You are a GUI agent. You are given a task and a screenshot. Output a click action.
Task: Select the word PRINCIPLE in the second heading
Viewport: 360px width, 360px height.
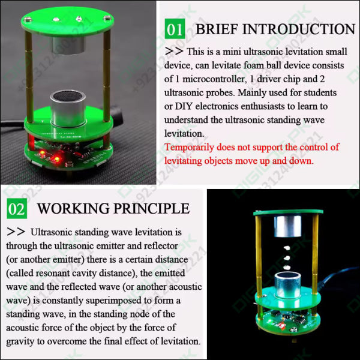tap(152, 208)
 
